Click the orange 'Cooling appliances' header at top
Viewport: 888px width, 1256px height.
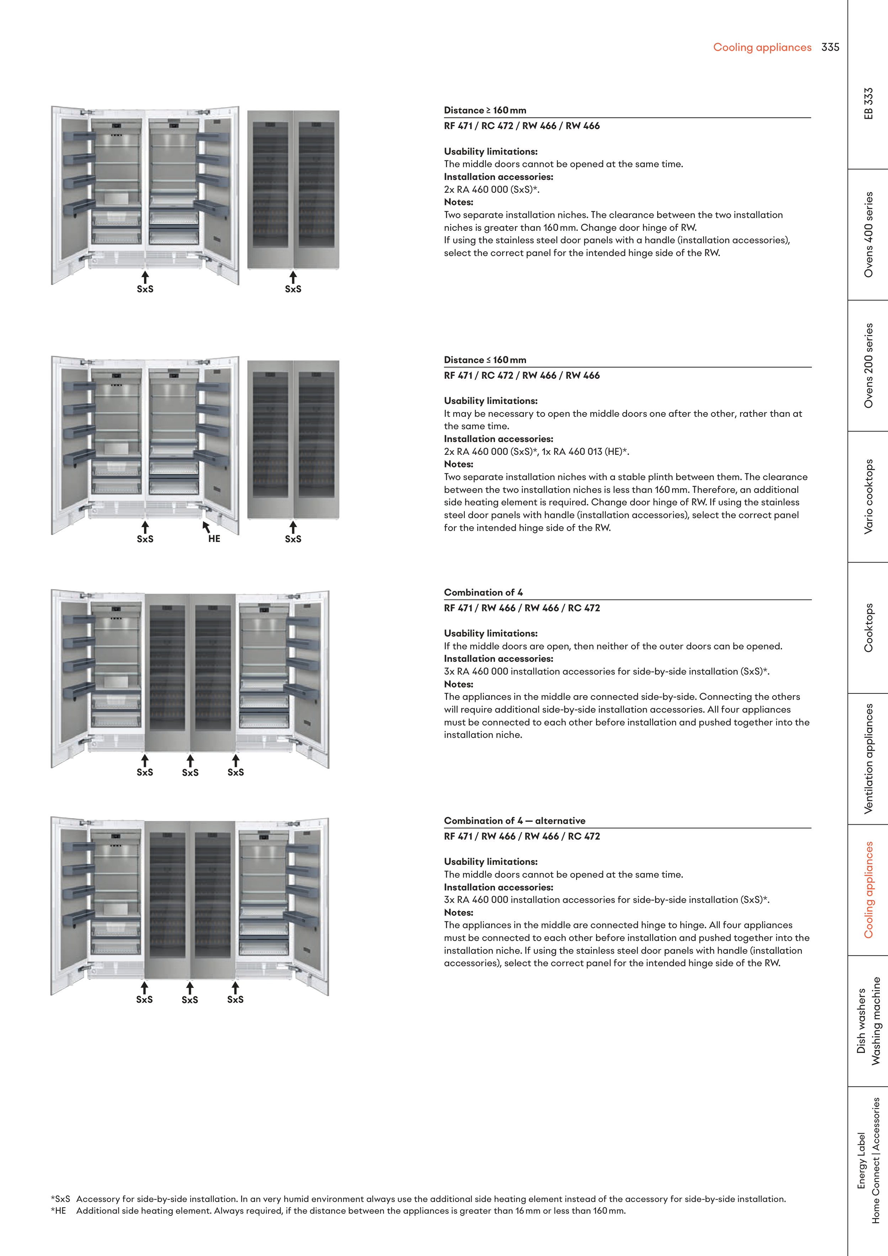pyautogui.click(x=762, y=48)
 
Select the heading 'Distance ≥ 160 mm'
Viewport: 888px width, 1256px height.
pyautogui.click(x=485, y=110)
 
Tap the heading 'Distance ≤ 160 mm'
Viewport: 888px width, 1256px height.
pyautogui.click(x=485, y=360)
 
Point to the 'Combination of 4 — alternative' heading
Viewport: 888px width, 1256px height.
pyautogui.click(x=514, y=820)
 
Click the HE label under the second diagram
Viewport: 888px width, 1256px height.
pyautogui.click(x=214, y=539)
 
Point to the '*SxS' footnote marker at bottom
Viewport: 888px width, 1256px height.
pyautogui.click(x=60, y=1198)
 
